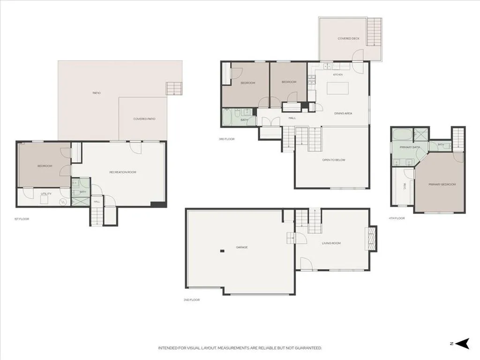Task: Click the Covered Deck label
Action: [x=348, y=38]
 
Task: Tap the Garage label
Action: [x=242, y=247]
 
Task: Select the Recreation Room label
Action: [x=123, y=172]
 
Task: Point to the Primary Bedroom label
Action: [x=442, y=184]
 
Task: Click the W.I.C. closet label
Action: [x=404, y=186]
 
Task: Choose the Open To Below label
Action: [x=334, y=160]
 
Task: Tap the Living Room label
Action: [x=331, y=243]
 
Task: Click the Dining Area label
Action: [x=343, y=113]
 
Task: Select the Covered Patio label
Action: [x=144, y=119]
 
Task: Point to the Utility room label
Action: [x=46, y=194]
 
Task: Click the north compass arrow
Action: [x=463, y=344]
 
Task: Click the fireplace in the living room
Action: [x=371, y=239]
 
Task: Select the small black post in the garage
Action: [x=222, y=251]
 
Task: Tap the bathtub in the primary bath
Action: [x=401, y=135]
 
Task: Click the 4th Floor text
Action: [x=397, y=218]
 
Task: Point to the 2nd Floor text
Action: [x=192, y=300]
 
